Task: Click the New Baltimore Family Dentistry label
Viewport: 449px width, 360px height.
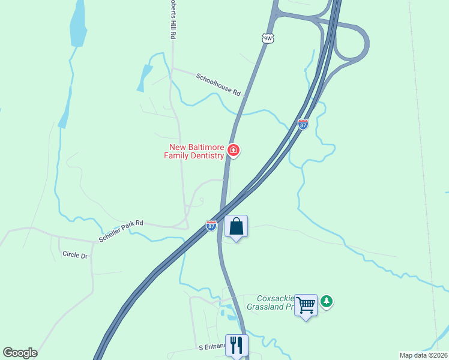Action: point(194,151)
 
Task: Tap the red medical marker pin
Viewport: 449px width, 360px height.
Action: point(233,150)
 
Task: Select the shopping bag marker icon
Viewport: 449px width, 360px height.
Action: point(237,227)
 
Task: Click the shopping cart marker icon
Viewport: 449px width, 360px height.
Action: point(306,305)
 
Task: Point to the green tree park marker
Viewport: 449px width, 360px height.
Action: point(326,301)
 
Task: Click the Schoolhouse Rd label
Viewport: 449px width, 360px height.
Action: point(218,85)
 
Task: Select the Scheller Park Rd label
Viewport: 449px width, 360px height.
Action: point(121,231)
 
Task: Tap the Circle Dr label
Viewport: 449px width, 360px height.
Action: point(74,255)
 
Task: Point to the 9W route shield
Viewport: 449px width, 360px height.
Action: point(268,38)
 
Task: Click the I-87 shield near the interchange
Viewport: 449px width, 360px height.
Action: point(303,124)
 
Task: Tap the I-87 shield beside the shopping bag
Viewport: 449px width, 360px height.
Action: point(211,225)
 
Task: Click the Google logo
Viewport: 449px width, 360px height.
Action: point(20,353)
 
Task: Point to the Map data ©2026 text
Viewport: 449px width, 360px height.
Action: point(423,355)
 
